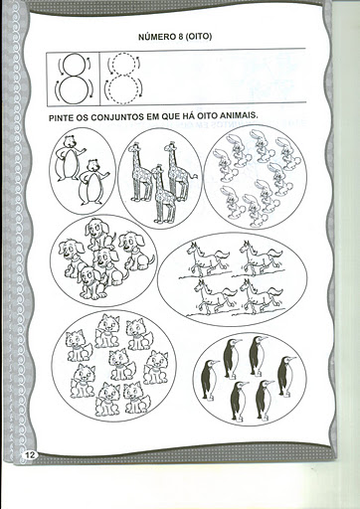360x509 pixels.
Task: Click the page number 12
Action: (x=30, y=455)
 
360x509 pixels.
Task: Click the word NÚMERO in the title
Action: (x=154, y=37)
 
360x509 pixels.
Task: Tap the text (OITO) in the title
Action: (x=198, y=37)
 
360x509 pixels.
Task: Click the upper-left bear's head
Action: (x=70, y=142)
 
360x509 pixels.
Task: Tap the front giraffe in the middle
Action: (x=162, y=194)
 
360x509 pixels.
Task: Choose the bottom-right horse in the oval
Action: (x=262, y=296)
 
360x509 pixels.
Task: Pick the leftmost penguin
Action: (x=209, y=380)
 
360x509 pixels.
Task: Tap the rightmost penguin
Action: (x=285, y=376)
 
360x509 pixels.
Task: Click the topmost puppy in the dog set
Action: (x=98, y=235)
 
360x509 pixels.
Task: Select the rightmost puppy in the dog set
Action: (x=136, y=251)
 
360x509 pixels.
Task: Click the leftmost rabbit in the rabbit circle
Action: (x=224, y=165)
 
